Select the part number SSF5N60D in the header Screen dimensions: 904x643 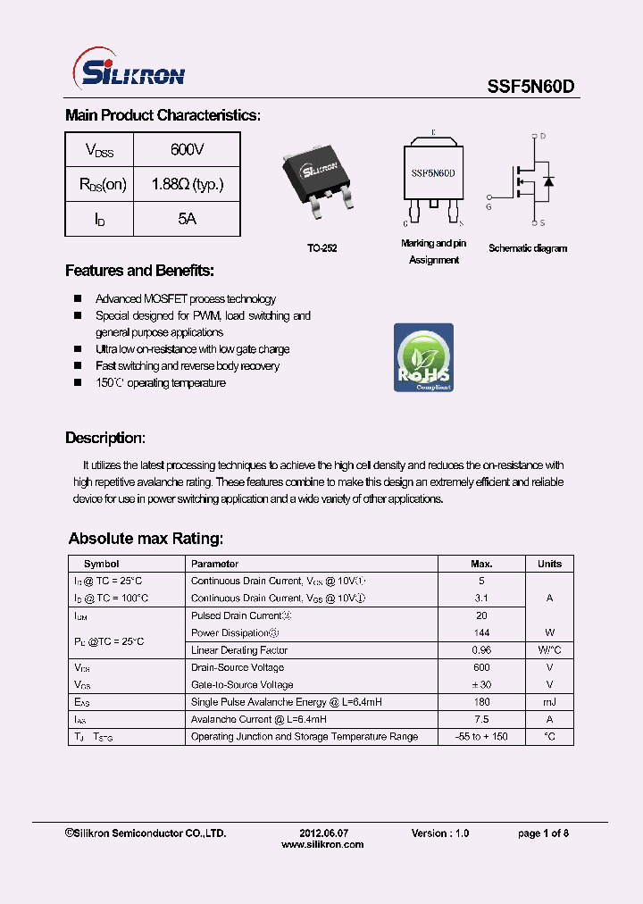tap(530, 86)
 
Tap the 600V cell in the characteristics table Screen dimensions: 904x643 tap(187, 150)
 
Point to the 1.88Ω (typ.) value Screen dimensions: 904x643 tap(187, 185)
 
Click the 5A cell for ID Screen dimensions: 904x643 tap(187, 219)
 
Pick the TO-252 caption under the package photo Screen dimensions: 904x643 tap(322, 249)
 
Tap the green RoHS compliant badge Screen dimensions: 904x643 tap(423, 357)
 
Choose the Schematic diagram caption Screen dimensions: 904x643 tap(528, 248)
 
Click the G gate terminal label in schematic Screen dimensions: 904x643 tap(489, 206)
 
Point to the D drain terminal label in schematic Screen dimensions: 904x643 tap(542, 137)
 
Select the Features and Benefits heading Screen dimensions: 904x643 tap(139, 271)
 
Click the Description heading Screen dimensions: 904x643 tap(104, 439)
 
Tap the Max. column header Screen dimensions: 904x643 tap(481, 564)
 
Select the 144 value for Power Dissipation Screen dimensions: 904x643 tap(481, 632)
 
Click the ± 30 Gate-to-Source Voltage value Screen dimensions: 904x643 tap(481, 685)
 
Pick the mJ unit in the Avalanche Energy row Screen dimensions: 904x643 tap(549, 702)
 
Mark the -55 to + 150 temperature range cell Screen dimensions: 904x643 tap(481, 737)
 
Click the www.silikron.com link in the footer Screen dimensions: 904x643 tap(322, 844)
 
